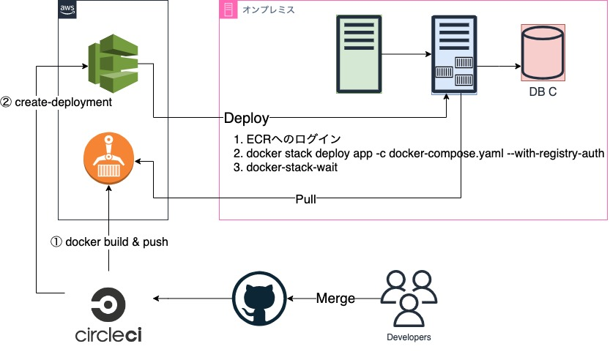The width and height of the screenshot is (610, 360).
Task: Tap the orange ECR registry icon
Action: click(108, 157)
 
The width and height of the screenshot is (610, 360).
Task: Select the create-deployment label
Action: click(56, 102)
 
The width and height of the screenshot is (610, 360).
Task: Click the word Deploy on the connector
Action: click(247, 118)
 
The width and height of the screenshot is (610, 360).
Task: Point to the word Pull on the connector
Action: click(306, 199)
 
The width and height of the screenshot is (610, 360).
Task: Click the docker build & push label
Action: click(109, 241)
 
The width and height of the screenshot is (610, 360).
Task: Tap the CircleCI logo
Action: click(108, 314)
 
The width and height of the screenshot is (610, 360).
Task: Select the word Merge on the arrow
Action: click(335, 299)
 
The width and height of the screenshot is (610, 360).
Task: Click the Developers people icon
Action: click(408, 297)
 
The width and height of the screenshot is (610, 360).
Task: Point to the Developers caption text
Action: click(409, 337)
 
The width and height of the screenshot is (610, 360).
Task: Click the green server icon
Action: click(360, 53)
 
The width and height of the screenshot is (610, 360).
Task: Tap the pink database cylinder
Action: click(543, 53)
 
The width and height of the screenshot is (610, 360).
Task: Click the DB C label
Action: click(543, 92)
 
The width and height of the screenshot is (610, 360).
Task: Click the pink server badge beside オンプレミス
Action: click(228, 9)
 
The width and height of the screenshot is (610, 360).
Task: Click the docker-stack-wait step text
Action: click(279, 168)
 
